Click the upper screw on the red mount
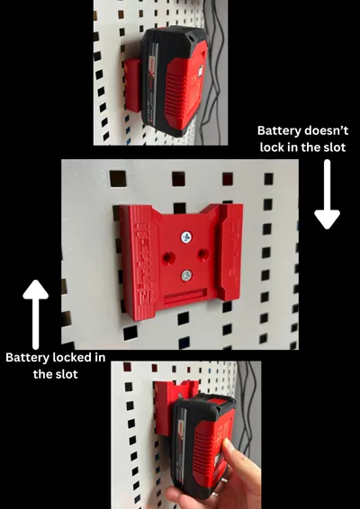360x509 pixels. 186,237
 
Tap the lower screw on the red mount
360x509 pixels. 186,275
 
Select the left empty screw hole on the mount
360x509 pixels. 168,258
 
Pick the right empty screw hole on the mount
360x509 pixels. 203,254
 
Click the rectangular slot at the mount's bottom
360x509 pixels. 184,297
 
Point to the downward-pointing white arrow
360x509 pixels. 327,194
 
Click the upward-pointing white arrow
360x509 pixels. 36,314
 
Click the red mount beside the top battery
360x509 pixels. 132,85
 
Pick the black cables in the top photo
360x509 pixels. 213,71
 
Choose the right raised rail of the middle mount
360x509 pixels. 230,251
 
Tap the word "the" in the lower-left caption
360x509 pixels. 41,374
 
